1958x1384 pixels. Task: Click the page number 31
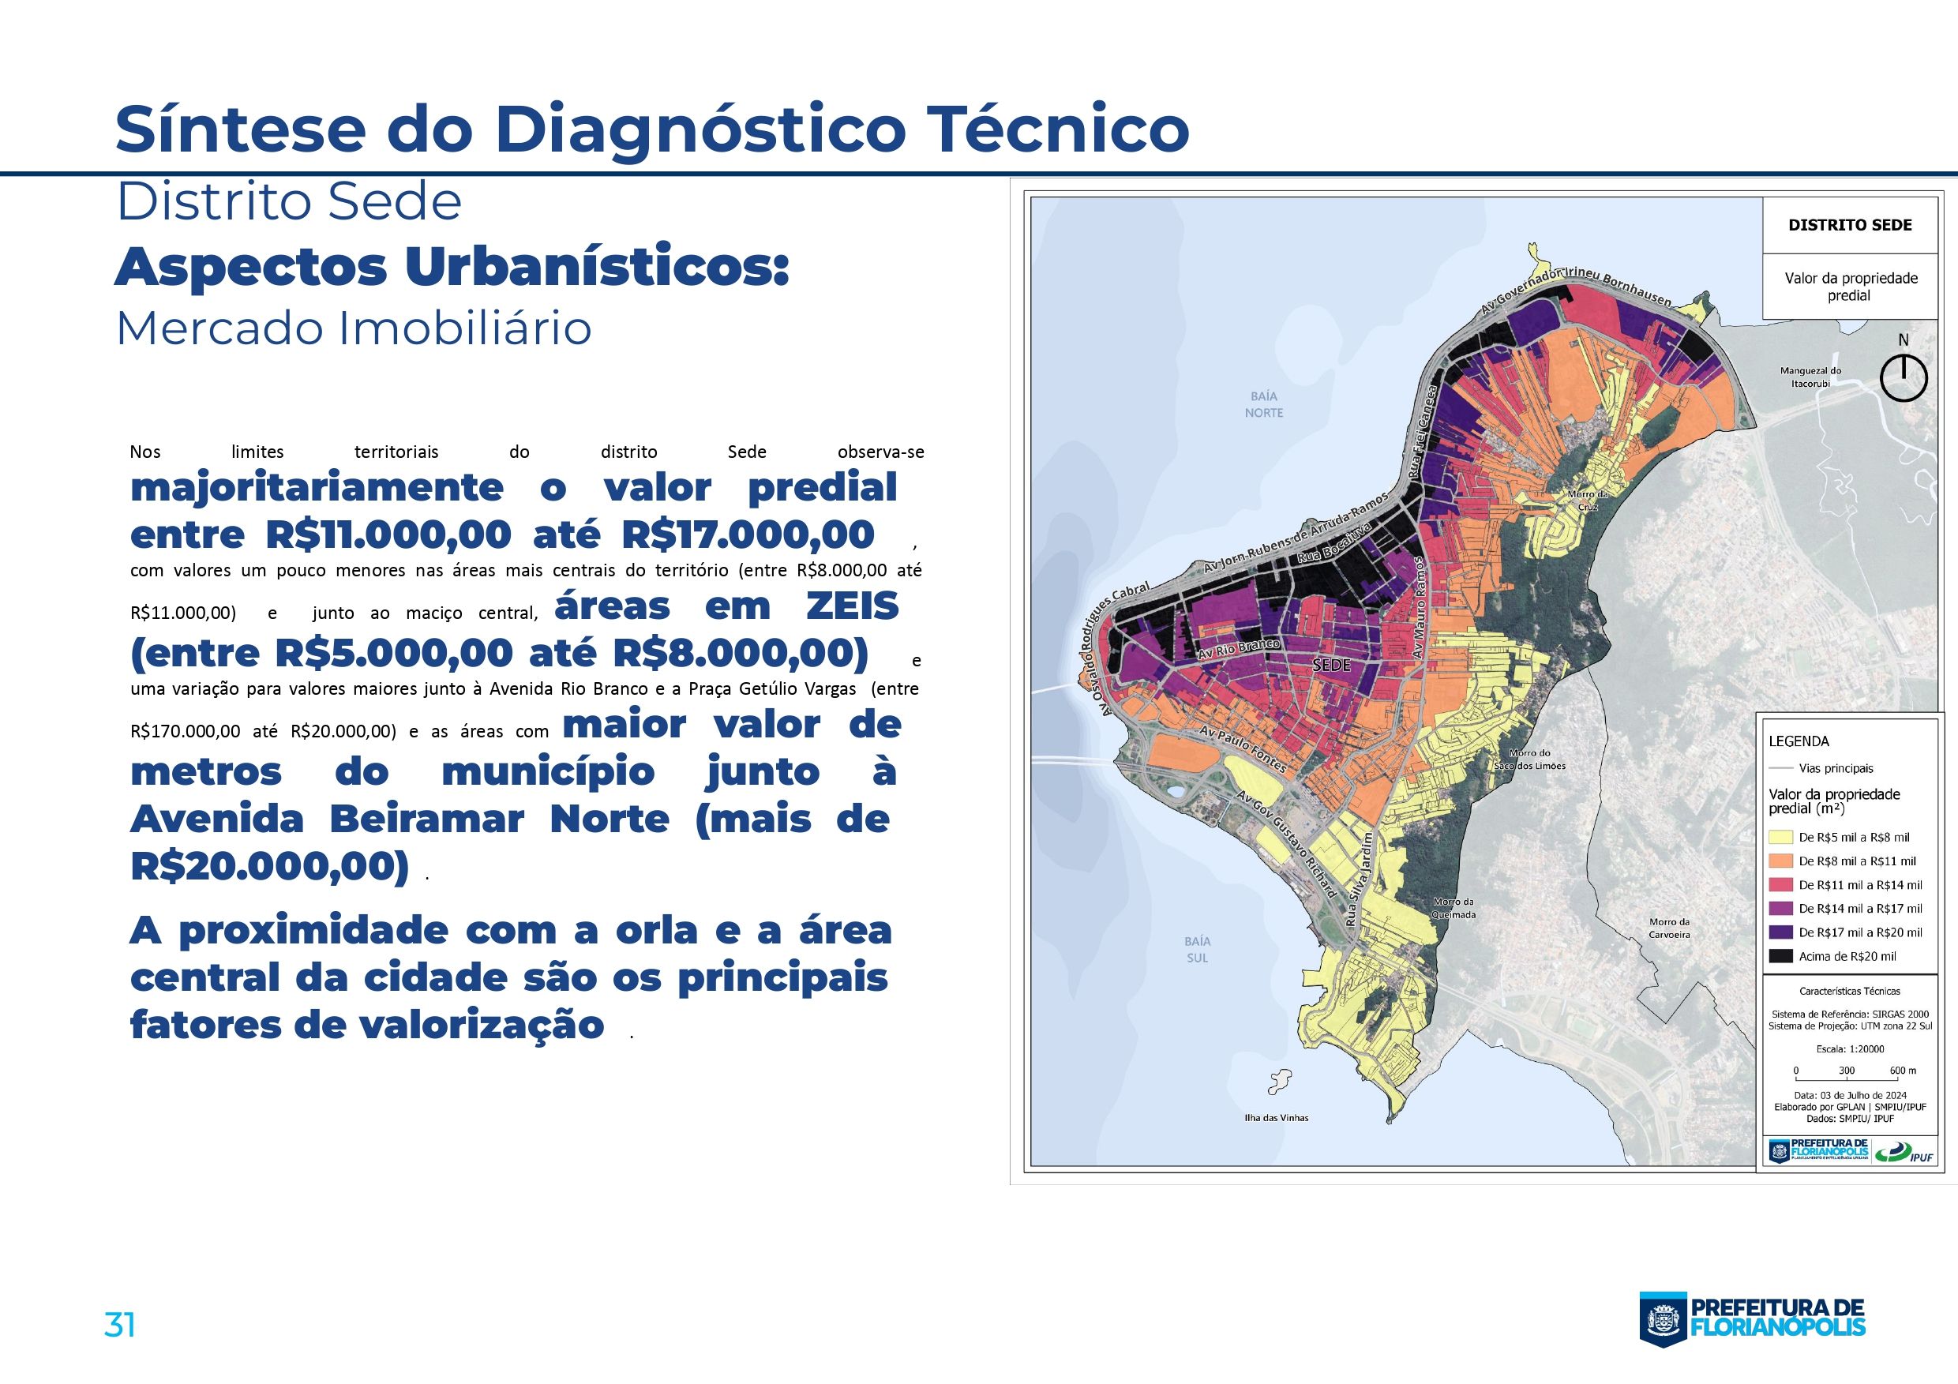[119, 1324]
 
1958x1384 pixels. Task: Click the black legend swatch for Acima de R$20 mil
[1780, 956]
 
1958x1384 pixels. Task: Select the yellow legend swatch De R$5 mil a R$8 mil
[1780, 838]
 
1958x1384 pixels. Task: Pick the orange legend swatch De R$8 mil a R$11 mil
[1780, 861]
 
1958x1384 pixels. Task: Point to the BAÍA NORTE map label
[1263, 404]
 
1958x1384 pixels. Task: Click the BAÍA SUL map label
[1198, 949]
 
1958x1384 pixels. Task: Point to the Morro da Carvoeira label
[1669, 928]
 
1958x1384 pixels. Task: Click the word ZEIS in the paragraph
[852, 606]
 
